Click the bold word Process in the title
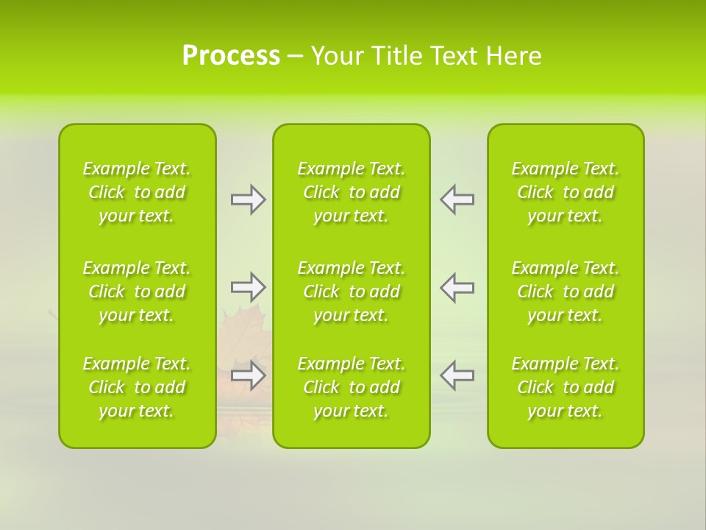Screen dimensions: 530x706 [231, 56]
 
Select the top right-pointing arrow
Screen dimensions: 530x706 [249, 199]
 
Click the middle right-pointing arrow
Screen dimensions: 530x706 [249, 287]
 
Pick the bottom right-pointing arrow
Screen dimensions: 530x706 [249, 375]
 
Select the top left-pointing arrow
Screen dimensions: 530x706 [457, 199]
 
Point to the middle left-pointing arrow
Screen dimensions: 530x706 [457, 287]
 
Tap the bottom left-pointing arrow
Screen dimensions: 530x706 [457, 375]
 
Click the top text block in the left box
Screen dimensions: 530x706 [137, 192]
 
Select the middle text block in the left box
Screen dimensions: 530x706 [137, 291]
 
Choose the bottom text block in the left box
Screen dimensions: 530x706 [137, 387]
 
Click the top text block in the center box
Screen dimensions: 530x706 [351, 192]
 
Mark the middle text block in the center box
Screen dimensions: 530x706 [351, 291]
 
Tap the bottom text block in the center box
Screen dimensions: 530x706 [351, 387]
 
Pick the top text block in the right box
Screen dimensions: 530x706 [565, 192]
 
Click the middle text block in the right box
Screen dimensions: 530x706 [565, 291]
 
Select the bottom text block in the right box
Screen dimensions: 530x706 [565, 387]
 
